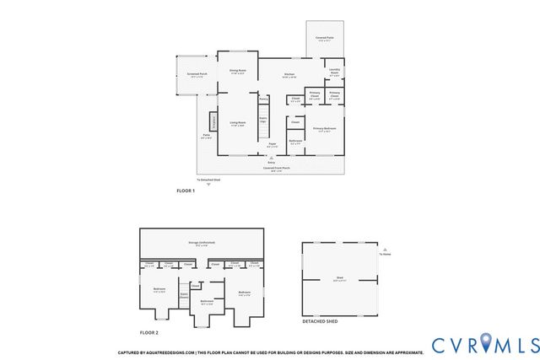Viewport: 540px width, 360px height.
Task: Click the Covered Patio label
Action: pyautogui.click(x=324, y=39)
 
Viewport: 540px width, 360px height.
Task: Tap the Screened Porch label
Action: pyautogui.click(x=198, y=75)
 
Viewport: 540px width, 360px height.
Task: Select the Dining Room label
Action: pyautogui.click(x=237, y=71)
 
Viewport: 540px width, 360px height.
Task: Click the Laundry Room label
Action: pyautogui.click(x=333, y=72)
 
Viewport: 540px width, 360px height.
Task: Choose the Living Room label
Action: pyautogui.click(x=237, y=124)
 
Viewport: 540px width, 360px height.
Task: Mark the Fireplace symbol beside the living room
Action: pyautogui.click(x=213, y=122)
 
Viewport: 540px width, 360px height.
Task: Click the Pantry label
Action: pyautogui.click(x=263, y=99)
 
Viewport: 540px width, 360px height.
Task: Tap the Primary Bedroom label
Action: pyautogui.click(x=325, y=130)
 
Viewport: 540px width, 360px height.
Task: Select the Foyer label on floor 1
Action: pyautogui.click(x=273, y=145)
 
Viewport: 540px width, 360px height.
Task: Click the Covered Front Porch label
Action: pyautogui.click(x=276, y=168)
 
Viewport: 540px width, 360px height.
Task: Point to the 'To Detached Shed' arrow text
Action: pyautogui.click(x=208, y=180)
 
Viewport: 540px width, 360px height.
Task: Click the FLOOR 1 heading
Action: pyautogui.click(x=185, y=191)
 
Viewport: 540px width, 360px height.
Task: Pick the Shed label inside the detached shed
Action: pyautogui.click(x=338, y=279)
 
